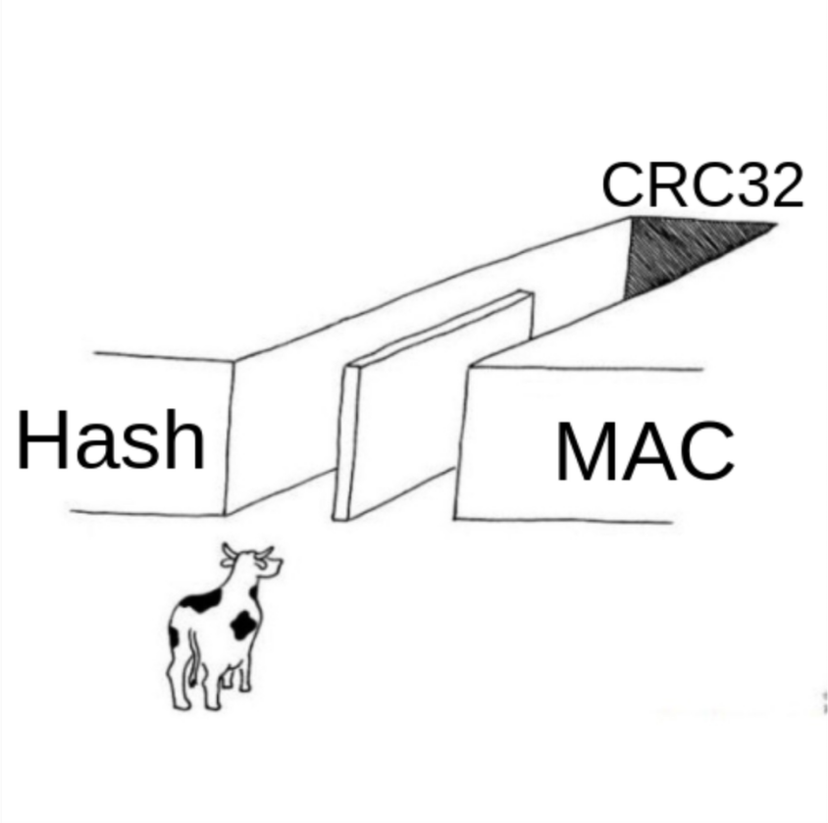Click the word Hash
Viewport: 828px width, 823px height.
coord(111,439)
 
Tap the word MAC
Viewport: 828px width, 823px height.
coord(646,451)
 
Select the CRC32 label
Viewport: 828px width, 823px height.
coord(702,184)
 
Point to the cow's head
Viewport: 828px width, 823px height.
coord(253,562)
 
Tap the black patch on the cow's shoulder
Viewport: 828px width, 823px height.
coord(201,600)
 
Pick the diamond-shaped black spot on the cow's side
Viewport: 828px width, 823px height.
coord(243,625)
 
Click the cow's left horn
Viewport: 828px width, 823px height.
coord(228,551)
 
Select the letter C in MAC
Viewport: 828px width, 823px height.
coord(706,451)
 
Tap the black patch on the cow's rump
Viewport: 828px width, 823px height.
coord(174,637)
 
